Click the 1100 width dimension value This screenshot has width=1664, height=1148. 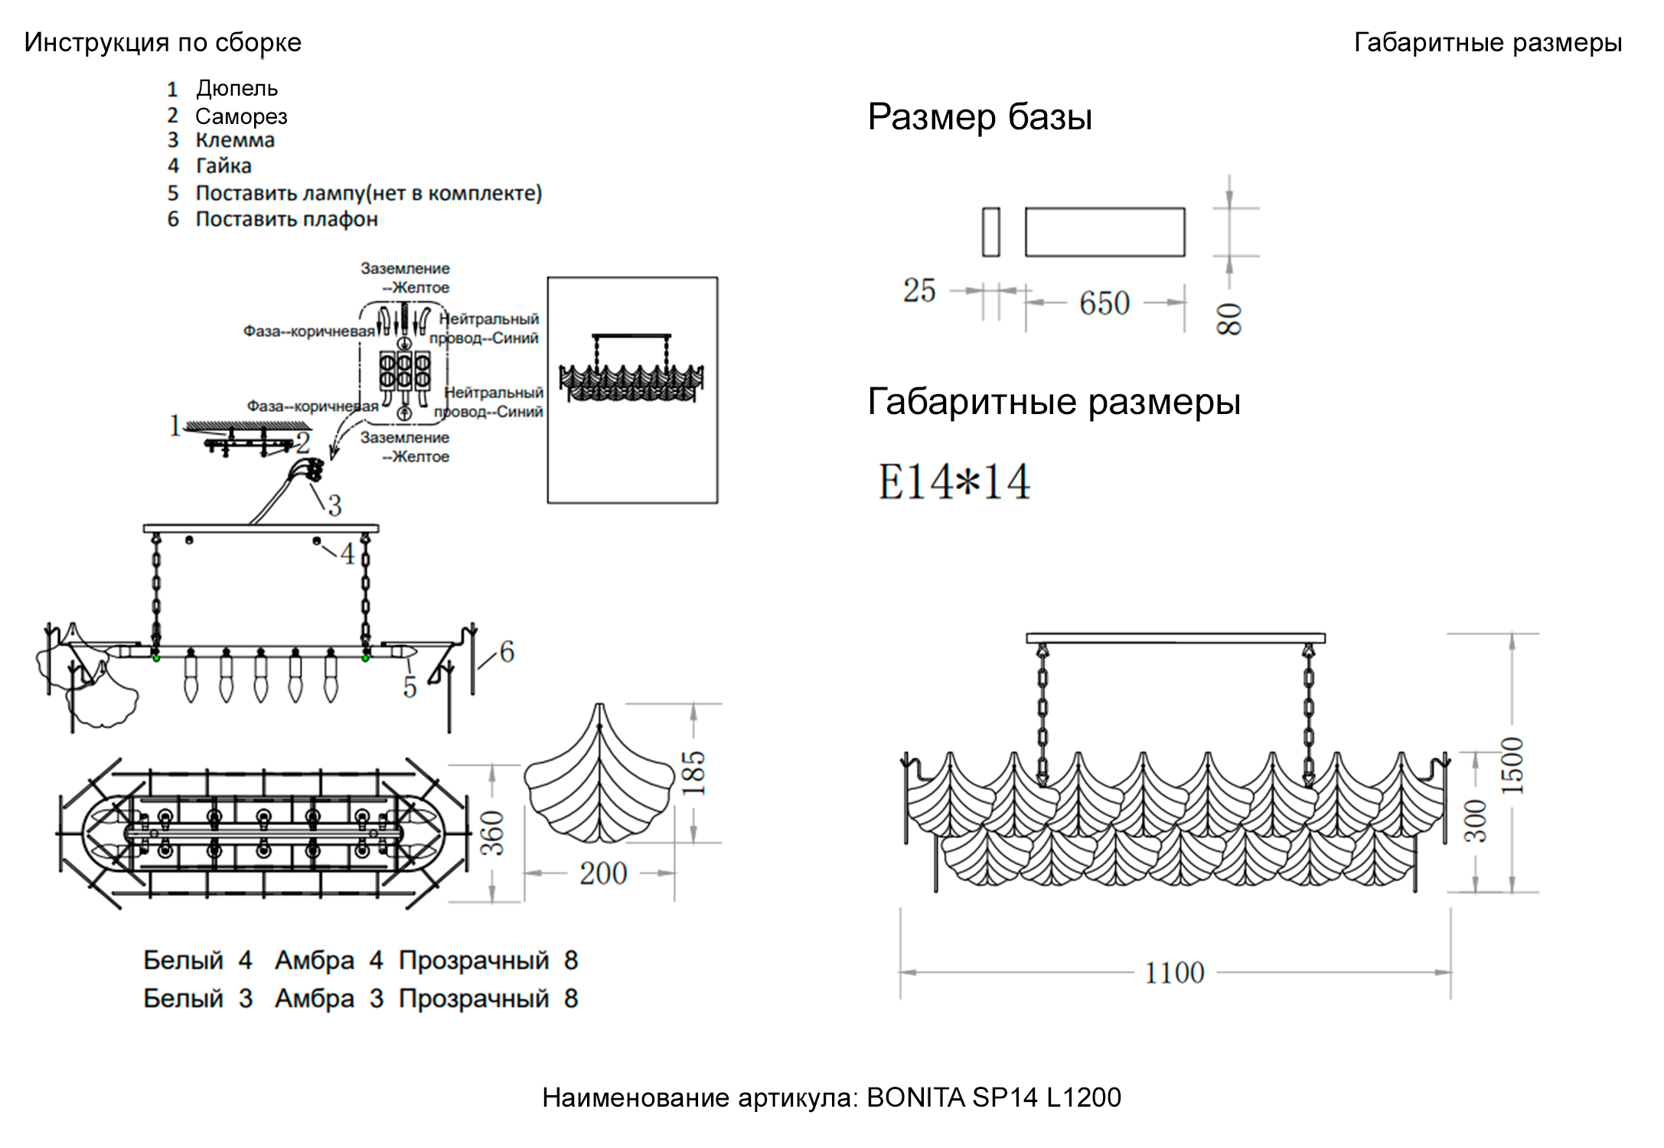(x=1174, y=974)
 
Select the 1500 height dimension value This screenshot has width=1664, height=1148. (x=1512, y=765)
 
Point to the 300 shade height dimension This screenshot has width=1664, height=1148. (x=1476, y=821)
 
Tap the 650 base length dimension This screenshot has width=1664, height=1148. (x=1104, y=303)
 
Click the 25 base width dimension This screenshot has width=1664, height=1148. (x=919, y=291)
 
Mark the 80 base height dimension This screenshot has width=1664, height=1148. (x=1229, y=318)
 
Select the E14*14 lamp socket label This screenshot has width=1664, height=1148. (x=954, y=482)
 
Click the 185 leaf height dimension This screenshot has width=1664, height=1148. (x=693, y=773)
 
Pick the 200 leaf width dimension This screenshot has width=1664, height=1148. (x=603, y=874)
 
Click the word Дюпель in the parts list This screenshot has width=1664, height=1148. (x=237, y=89)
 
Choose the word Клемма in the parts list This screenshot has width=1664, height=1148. (x=235, y=141)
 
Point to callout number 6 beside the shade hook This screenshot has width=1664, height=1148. (x=507, y=652)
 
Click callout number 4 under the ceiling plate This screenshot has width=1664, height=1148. (x=347, y=554)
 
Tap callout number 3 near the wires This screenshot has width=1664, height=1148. (x=334, y=506)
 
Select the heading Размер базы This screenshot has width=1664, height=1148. (x=980, y=118)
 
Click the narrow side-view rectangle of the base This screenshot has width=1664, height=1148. (x=990, y=232)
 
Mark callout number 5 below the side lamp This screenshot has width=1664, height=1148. (x=410, y=687)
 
